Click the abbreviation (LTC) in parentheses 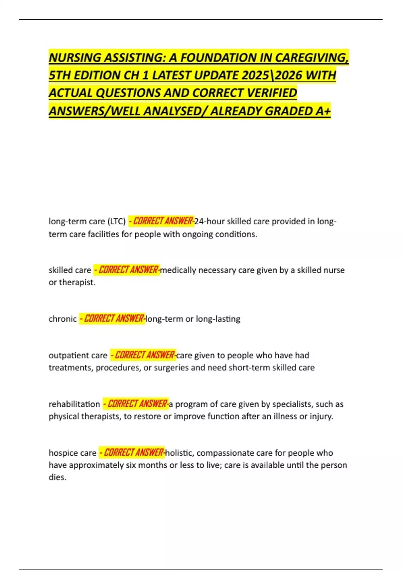[116, 222]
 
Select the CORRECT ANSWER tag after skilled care [127, 270]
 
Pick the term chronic [63, 319]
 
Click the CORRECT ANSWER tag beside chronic [112, 319]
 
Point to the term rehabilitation [74, 404]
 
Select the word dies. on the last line [58, 477]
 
